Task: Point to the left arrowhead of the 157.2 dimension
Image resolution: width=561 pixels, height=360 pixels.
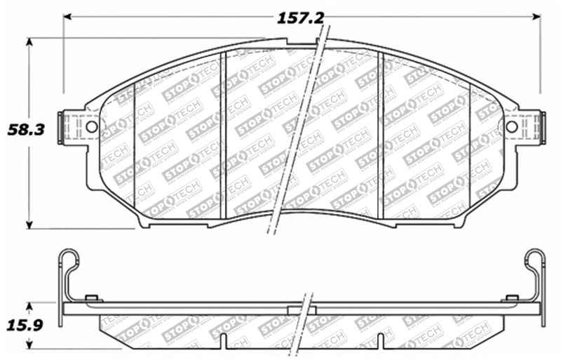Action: (68, 17)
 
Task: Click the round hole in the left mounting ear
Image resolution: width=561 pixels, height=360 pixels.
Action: (90, 127)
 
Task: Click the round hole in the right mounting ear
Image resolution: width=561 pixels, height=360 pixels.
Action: (511, 127)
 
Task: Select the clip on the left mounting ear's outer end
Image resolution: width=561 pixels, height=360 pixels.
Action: (67, 127)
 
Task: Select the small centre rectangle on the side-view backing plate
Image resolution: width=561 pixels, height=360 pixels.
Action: (302, 309)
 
